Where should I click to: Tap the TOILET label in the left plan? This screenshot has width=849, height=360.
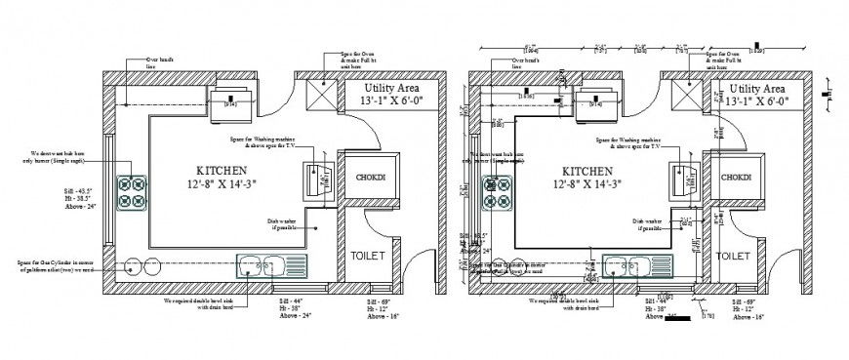(362, 255)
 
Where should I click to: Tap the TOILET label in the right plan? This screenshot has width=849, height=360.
(733, 255)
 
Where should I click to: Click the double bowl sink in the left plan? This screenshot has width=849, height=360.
(271, 264)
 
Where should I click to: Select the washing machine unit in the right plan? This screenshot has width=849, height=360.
(683, 180)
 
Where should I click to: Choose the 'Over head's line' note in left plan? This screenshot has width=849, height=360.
(158, 63)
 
